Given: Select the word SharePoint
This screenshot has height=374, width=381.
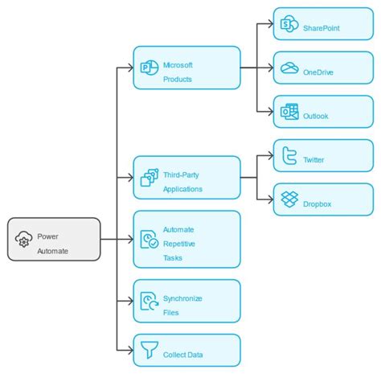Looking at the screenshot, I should click(x=322, y=29).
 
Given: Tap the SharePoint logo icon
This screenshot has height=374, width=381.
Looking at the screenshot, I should click(x=289, y=27).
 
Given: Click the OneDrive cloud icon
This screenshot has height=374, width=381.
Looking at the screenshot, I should click(x=289, y=69).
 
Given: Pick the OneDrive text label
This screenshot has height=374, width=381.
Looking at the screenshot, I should click(x=319, y=72).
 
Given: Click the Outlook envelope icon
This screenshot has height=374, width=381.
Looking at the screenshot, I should click(x=289, y=113).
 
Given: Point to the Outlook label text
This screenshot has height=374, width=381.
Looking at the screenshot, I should click(x=316, y=116).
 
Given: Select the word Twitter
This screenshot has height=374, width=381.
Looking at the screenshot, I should click(x=314, y=160).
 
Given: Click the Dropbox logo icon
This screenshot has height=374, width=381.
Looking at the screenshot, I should click(x=289, y=199).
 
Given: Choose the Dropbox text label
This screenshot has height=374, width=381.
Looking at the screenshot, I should click(x=317, y=203).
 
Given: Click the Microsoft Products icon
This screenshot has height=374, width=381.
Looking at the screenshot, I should click(x=149, y=68).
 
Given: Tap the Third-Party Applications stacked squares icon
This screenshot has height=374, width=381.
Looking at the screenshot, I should click(x=149, y=178).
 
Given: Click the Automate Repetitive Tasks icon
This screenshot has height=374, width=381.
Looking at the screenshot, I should click(x=149, y=239).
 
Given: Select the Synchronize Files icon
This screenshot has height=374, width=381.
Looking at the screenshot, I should click(x=149, y=301).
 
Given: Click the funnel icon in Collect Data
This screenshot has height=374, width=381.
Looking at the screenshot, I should click(x=149, y=351).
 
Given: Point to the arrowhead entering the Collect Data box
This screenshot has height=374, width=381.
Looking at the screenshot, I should click(x=129, y=351).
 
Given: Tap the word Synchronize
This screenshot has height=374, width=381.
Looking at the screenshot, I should click(x=182, y=298).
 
